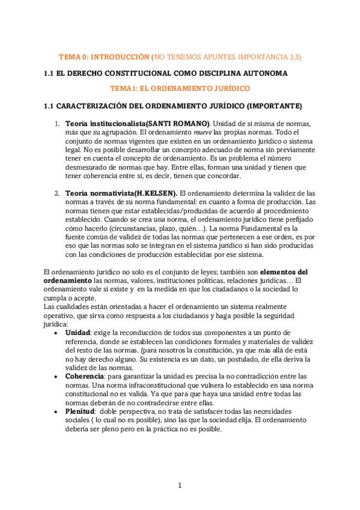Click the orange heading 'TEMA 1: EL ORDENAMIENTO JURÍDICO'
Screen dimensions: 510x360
(x=180, y=88)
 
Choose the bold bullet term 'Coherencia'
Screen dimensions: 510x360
(x=85, y=375)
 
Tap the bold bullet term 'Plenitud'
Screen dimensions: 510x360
(x=81, y=410)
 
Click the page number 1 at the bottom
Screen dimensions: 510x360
(x=180, y=485)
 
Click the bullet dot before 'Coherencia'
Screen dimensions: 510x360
(x=56, y=376)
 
